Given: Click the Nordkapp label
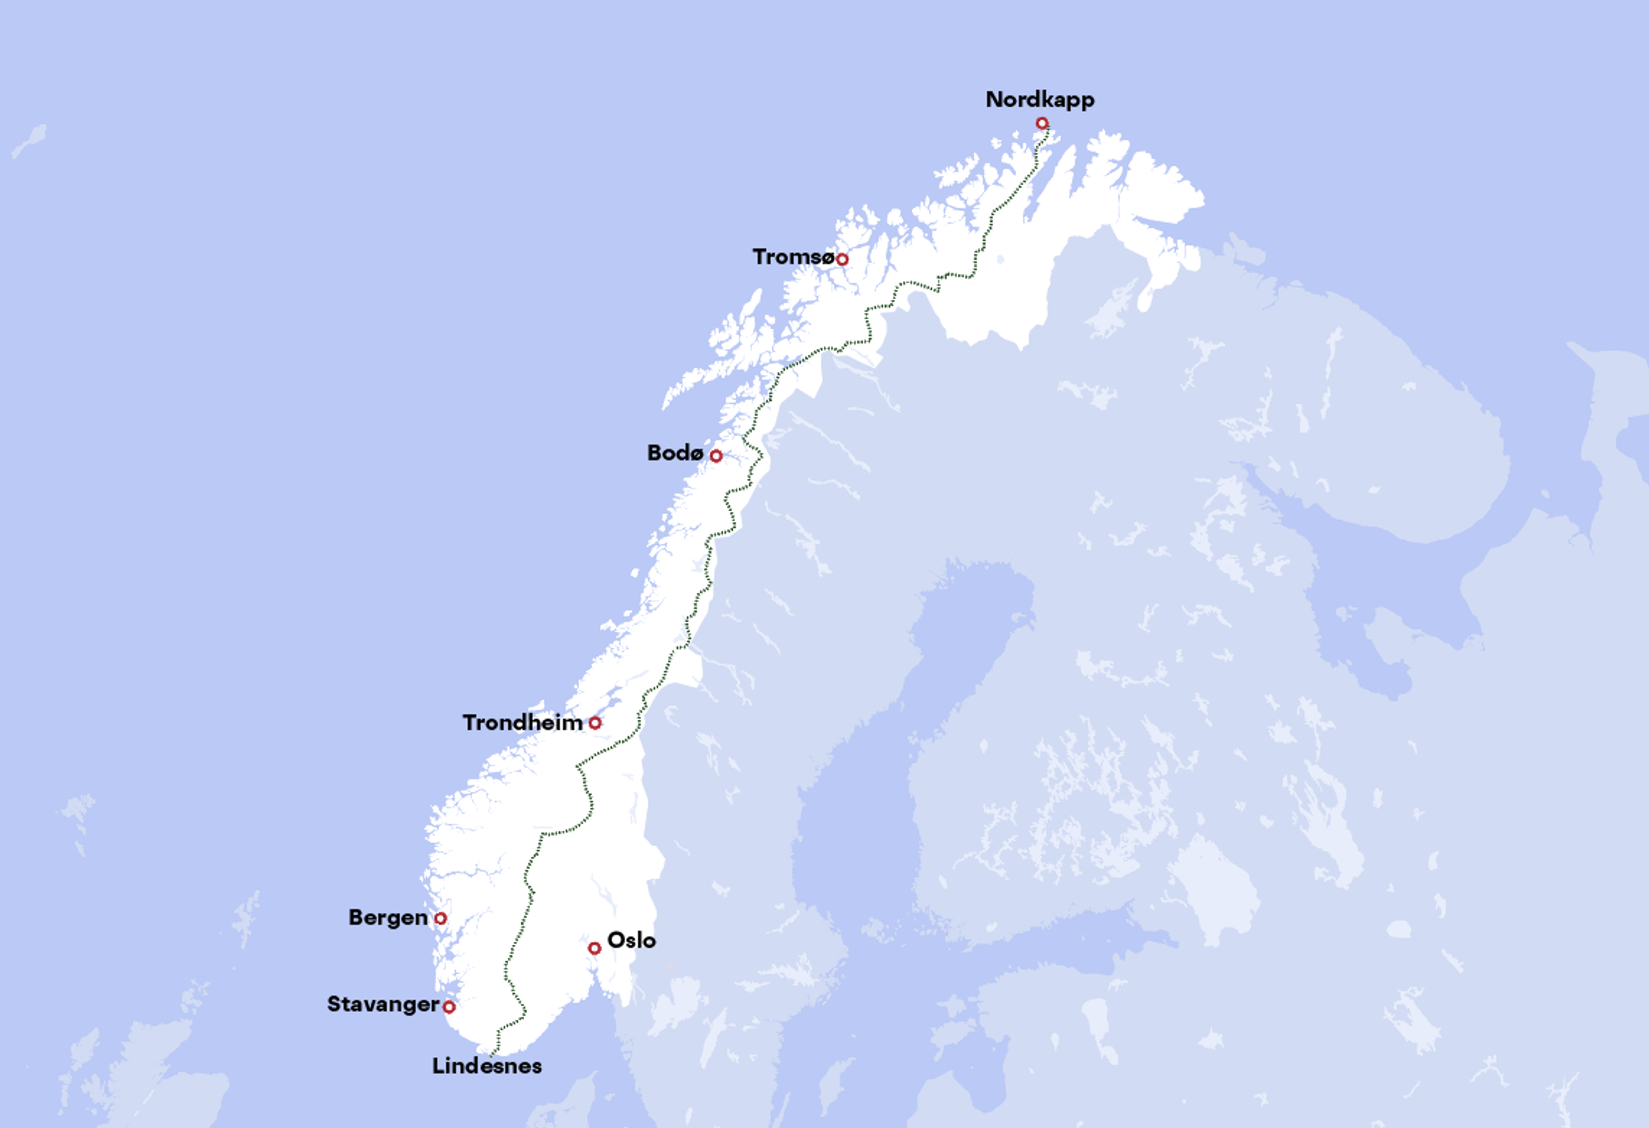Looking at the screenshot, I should [x=1040, y=100].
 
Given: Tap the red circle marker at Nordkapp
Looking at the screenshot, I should [x=1042, y=123].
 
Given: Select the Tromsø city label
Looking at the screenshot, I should [x=793, y=257].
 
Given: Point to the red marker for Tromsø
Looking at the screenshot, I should [x=842, y=260].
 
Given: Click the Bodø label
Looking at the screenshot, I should [x=675, y=453].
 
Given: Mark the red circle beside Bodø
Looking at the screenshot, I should [x=716, y=456].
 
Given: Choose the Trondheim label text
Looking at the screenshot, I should [x=522, y=723].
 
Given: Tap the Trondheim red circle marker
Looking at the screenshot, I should [x=595, y=723].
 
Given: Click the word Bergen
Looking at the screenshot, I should [x=387, y=918].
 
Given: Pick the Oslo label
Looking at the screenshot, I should [x=632, y=941].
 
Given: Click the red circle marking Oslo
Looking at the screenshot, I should [x=595, y=949].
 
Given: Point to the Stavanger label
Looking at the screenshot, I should [x=383, y=1005].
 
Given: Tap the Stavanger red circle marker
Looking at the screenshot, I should [x=449, y=1006].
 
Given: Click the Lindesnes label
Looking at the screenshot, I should [x=487, y=1066].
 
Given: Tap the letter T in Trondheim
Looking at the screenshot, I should [x=470, y=723].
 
